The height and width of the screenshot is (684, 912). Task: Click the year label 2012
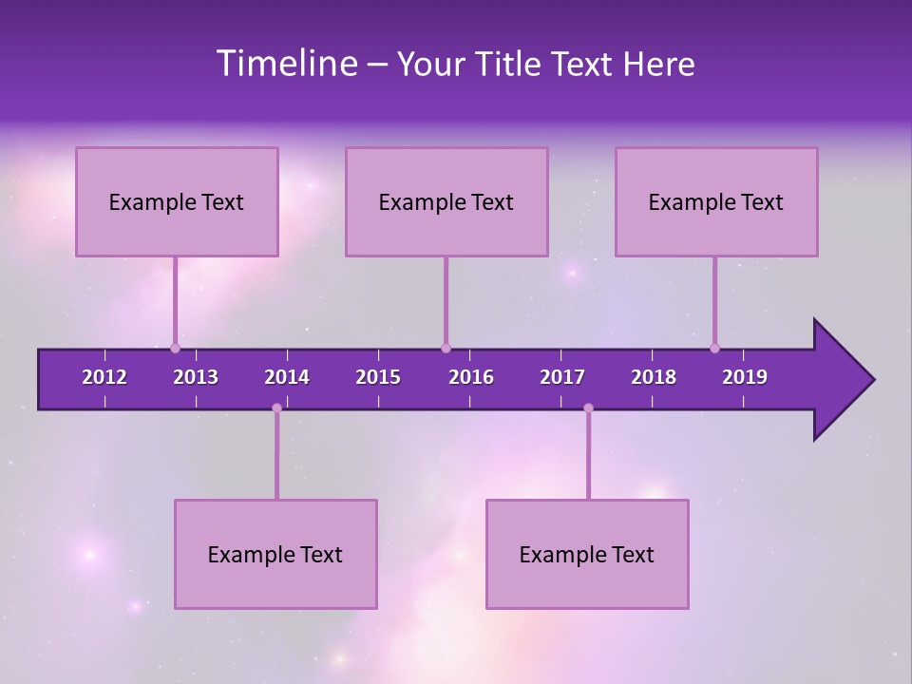point(104,377)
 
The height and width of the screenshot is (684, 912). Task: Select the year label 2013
point(196,377)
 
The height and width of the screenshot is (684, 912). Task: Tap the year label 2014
point(287,377)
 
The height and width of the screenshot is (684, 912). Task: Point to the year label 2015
point(378,377)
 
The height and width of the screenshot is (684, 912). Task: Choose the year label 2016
point(471,377)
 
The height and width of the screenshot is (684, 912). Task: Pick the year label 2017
point(562,377)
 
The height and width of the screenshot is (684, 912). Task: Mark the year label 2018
point(654,377)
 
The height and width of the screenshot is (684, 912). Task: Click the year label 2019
point(745,377)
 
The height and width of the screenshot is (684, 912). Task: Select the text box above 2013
point(177,201)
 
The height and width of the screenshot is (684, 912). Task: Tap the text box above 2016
point(446,201)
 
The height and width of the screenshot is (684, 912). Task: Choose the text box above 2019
point(716,201)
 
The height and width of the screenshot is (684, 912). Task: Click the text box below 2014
point(275,554)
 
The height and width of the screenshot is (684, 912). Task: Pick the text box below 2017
point(587,554)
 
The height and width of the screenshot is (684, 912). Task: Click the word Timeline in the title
point(287,64)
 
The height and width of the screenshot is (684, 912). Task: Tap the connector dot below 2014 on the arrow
point(276,408)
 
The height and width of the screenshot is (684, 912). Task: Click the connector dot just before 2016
point(446,348)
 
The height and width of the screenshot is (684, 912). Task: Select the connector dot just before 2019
point(714,348)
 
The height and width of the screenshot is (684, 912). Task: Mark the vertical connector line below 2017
point(588,456)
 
